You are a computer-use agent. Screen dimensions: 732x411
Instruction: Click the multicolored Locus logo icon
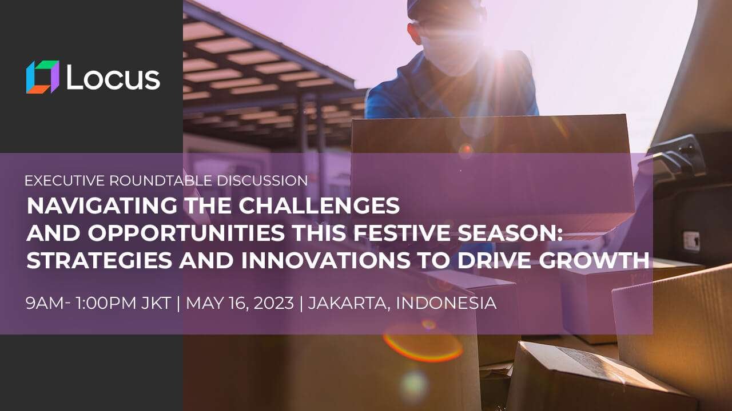tap(43, 77)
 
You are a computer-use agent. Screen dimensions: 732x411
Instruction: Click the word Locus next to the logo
tap(113, 77)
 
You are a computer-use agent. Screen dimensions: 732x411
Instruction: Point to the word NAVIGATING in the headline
tap(102, 205)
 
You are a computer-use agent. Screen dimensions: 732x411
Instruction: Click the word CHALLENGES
tap(319, 205)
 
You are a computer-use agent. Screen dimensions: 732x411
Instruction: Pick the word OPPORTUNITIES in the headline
tap(186, 233)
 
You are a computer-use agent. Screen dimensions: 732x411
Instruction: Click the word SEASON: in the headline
tap(510, 233)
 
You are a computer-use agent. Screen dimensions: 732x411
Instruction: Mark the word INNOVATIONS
tap(325, 260)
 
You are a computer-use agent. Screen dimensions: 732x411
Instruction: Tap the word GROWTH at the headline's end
tap(594, 260)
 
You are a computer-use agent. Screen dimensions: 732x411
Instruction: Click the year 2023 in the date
tap(273, 303)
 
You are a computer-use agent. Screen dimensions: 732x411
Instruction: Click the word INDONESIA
tap(446, 303)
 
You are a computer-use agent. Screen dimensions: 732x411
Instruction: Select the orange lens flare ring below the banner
tap(423, 346)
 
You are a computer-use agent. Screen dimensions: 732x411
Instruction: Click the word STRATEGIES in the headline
tap(100, 260)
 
